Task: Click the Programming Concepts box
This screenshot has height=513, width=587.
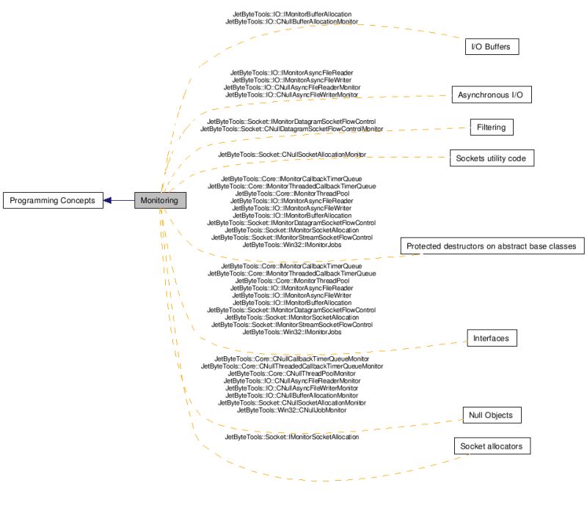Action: (52, 200)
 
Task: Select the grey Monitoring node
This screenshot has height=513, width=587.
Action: (159, 200)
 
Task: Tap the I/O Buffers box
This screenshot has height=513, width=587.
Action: (492, 47)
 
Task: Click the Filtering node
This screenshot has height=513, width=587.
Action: (491, 128)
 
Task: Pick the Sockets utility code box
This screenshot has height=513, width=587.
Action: (491, 158)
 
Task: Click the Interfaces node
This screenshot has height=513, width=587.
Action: (492, 338)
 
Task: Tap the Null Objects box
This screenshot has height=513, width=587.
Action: (491, 416)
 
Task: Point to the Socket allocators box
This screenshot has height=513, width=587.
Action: (490, 446)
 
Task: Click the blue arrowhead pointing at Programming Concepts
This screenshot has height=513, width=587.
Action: (108, 200)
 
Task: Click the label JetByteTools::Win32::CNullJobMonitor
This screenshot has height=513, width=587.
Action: (291, 410)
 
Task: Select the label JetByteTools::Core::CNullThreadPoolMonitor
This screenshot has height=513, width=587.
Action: (291, 373)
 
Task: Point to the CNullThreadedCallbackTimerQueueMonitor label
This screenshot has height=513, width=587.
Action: (291, 366)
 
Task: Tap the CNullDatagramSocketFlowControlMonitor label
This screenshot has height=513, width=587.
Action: (291, 129)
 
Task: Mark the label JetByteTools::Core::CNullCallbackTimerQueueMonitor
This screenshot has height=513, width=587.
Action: (291, 358)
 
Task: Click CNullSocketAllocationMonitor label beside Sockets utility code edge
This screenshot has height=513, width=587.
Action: (291, 155)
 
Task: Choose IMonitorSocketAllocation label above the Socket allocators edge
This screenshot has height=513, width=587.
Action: (291, 437)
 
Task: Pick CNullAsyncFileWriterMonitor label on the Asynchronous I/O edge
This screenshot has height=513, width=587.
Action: (291, 95)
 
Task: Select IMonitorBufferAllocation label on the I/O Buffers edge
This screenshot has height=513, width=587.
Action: (291, 14)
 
